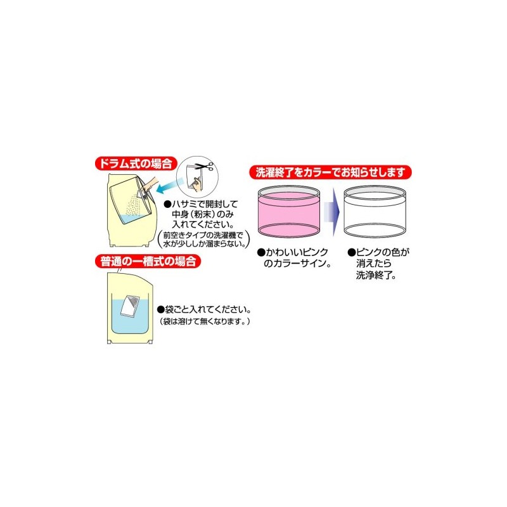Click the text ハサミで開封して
point(202,205)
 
